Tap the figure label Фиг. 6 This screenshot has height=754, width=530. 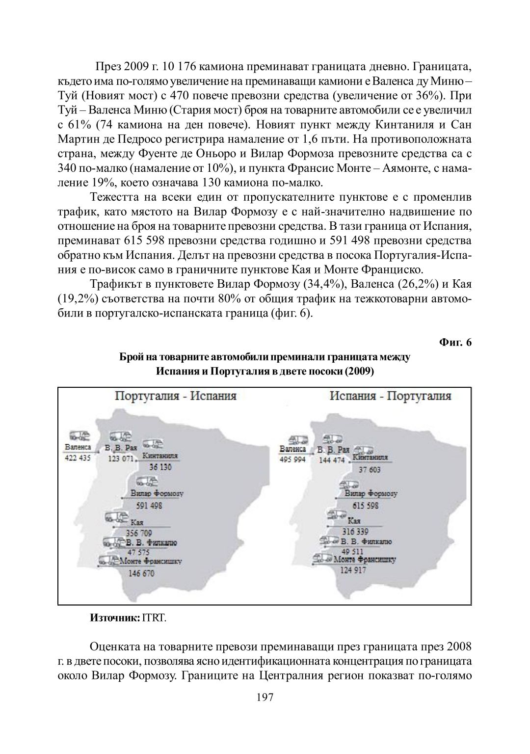455,342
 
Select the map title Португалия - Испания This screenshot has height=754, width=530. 175,396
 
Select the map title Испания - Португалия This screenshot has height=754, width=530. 390,396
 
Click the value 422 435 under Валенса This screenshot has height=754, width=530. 78,458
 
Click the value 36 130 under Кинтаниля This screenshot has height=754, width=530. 160,467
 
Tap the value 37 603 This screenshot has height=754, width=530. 370,469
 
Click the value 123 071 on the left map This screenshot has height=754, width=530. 121,459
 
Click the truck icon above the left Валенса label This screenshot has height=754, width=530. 79,435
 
